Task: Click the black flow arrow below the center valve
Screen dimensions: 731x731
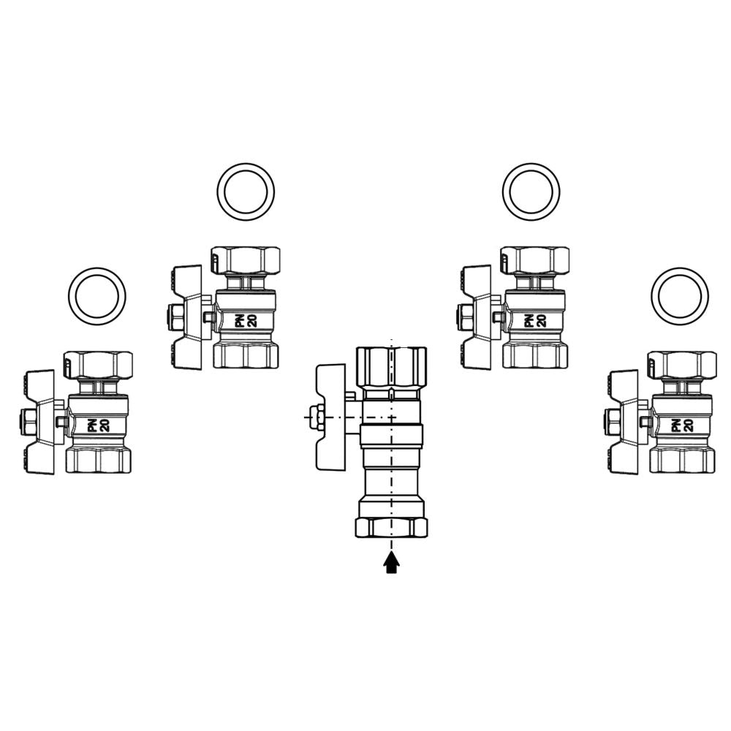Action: pos(391,562)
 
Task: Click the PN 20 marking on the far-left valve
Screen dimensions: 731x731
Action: pos(99,425)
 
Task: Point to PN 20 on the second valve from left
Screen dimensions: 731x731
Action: pos(246,320)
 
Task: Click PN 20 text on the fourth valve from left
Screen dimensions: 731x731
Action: pos(535,320)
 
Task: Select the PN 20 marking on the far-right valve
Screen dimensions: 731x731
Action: pos(682,425)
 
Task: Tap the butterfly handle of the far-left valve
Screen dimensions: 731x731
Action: pos(40,423)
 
